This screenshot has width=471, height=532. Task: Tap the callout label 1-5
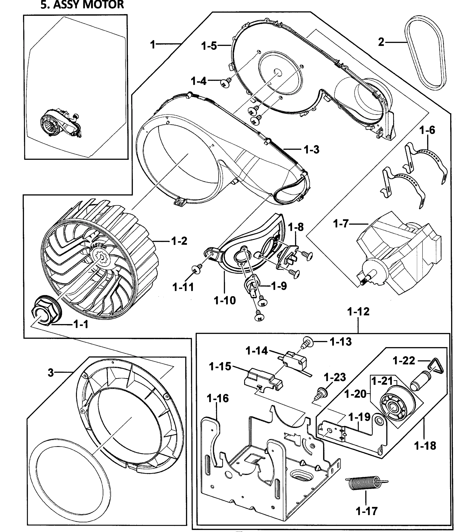coord(209,46)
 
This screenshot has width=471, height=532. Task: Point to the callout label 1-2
coord(179,241)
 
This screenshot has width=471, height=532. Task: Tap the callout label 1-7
coord(341,223)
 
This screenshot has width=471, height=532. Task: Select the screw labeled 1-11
coord(197,269)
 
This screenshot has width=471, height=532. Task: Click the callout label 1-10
coord(225,300)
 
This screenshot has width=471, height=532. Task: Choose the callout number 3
coord(51,373)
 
